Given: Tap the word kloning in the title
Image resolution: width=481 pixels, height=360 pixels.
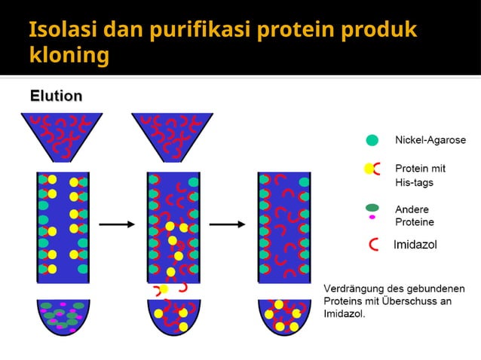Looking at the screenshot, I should pos(68,56).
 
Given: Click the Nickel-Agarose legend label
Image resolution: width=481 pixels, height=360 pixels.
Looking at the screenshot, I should pos(430,140).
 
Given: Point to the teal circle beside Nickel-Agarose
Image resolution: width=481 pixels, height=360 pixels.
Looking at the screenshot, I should pos(372,140).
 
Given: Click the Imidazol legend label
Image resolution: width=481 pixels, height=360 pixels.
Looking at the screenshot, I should pos(415,244).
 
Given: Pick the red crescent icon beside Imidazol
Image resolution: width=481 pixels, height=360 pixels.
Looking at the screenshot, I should pos(375,244).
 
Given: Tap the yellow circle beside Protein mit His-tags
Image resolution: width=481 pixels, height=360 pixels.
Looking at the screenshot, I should pos(369,169).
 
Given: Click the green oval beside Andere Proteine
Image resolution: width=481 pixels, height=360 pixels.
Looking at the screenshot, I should pos(372,208).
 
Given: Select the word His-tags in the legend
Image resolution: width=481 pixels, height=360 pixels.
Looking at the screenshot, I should pos(414,182).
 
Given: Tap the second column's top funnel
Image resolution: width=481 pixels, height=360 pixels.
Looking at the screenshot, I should pos(172,136).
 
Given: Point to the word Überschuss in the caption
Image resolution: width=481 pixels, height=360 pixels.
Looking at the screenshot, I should pos(411,301).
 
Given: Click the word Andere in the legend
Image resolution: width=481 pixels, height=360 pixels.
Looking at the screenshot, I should pos(412,209).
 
